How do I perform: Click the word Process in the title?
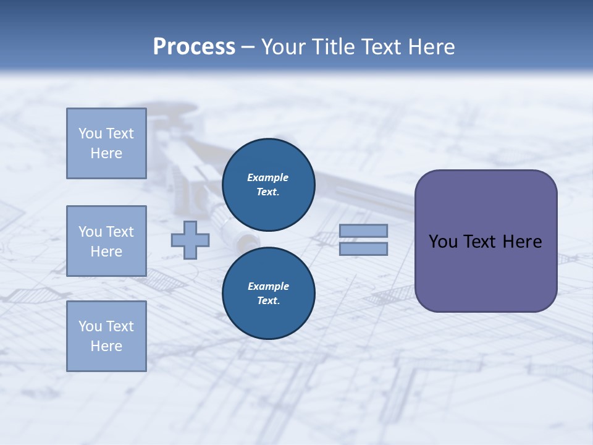(194, 47)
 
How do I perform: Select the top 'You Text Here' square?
(106, 143)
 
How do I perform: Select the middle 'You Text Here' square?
(106, 241)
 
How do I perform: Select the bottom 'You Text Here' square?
(106, 336)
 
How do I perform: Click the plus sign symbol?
(190, 240)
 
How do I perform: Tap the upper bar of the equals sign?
(363, 231)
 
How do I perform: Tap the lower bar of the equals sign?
(363, 248)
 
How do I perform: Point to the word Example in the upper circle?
(268, 177)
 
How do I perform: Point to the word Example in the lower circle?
(268, 286)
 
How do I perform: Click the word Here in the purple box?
(522, 242)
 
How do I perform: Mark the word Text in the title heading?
(382, 47)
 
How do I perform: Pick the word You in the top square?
(90, 133)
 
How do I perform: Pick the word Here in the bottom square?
(106, 346)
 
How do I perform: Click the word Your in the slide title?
(282, 47)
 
